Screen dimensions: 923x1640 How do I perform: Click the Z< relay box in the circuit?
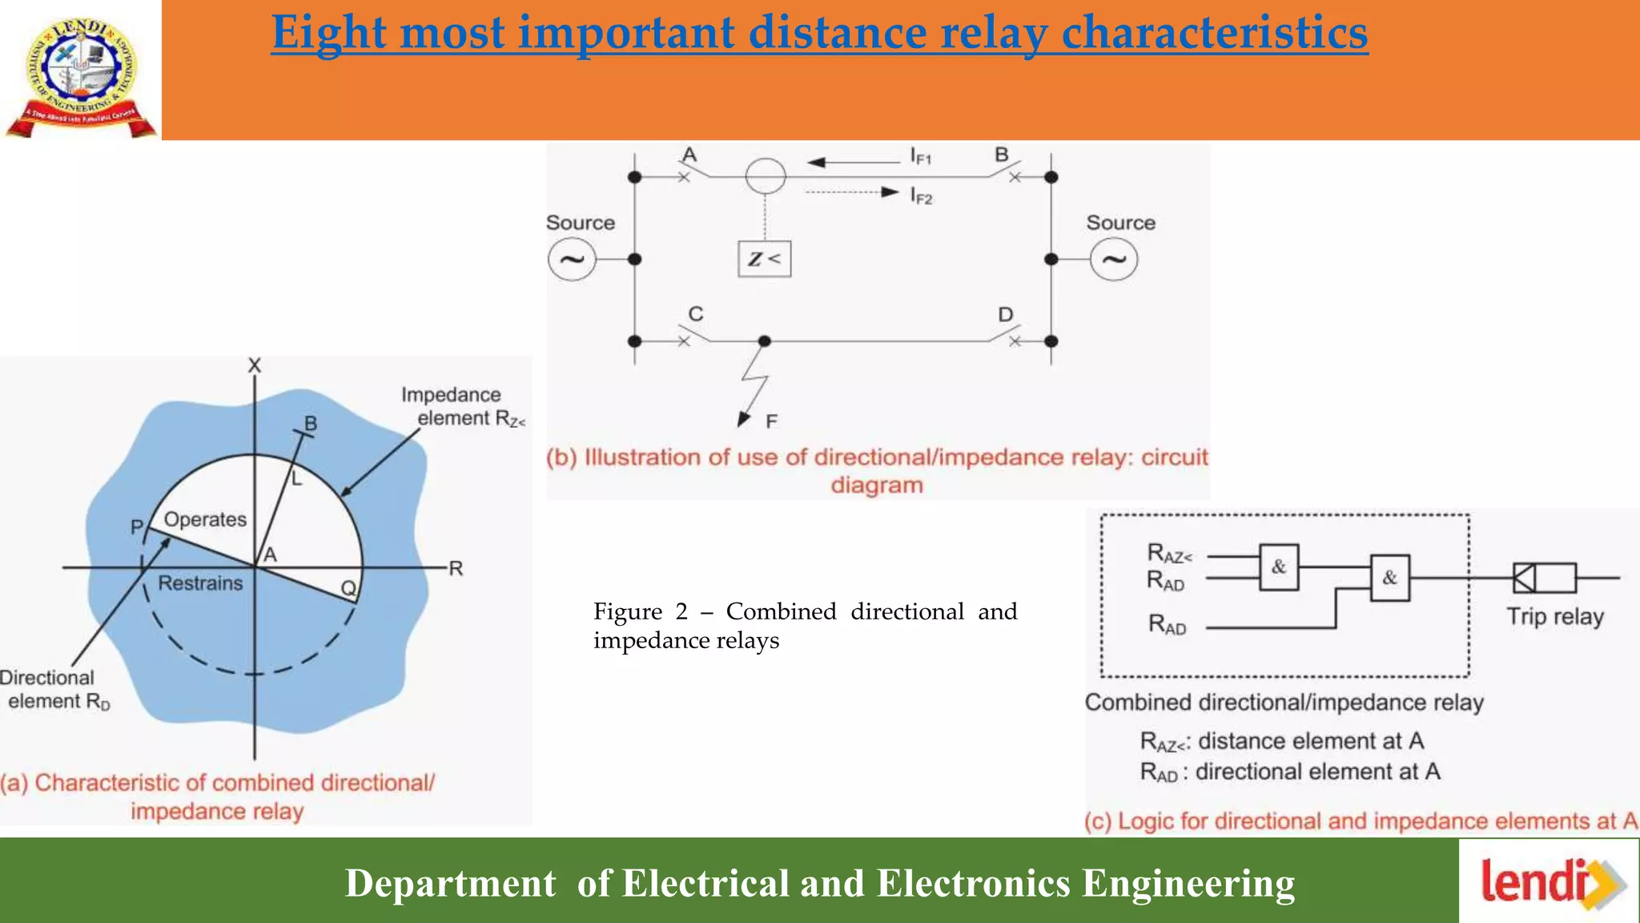764,259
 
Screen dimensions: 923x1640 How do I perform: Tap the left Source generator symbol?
572,260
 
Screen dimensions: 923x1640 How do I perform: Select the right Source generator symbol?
1114,260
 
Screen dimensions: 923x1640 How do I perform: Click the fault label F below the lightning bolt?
771,421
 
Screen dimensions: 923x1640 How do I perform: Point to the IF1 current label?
921,155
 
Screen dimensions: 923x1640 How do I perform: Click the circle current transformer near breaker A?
766,175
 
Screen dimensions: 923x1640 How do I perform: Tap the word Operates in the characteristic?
205,519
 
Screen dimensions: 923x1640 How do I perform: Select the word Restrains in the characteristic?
200,583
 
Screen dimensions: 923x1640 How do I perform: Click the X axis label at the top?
255,365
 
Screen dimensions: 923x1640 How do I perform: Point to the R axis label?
456,569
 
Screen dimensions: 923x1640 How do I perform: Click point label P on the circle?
137,526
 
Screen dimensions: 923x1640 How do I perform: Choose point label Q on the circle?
348,589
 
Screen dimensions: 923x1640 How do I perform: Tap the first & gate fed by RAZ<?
1279,567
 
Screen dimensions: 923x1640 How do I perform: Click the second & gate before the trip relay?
1389,578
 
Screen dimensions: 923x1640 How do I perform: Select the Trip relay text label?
1555,616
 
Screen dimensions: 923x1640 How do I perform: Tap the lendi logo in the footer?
1549,882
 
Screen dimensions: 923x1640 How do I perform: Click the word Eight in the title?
328,33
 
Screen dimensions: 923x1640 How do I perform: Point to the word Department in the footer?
450,883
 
